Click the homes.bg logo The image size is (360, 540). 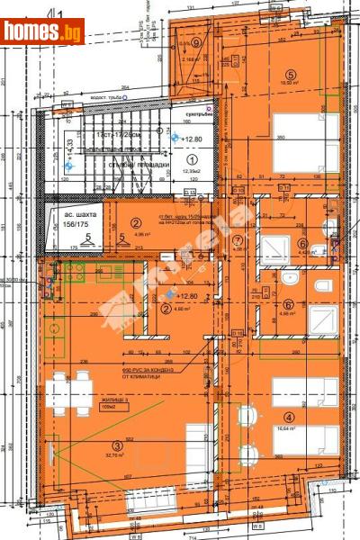(43, 31)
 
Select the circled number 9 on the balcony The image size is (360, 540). (195, 42)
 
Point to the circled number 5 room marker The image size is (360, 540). (290, 76)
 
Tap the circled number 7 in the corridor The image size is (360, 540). (238, 240)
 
